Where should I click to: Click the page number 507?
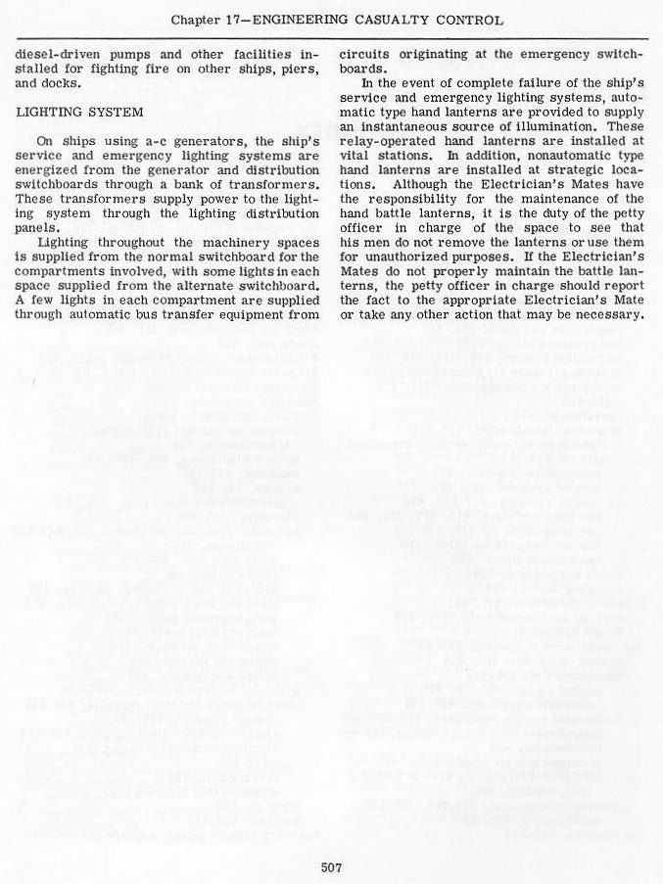click(331, 864)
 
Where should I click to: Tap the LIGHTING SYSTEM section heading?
click(80, 113)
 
